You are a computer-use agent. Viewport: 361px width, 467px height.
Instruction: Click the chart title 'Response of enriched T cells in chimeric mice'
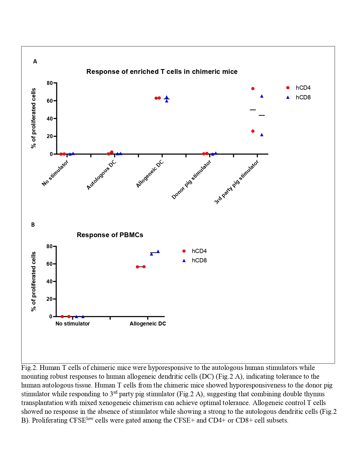pyautogui.click(x=162, y=72)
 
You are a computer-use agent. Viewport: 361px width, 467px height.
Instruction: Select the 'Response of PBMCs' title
pyautogui.click(x=110, y=235)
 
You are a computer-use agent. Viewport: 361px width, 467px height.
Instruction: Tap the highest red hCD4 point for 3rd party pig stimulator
pyautogui.click(x=253, y=89)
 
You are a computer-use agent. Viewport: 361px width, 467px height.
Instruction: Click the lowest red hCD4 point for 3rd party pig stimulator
pyautogui.click(x=253, y=131)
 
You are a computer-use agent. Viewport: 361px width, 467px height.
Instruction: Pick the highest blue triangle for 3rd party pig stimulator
pyautogui.click(x=262, y=96)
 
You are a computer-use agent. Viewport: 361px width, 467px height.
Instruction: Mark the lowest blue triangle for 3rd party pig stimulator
pyautogui.click(x=262, y=135)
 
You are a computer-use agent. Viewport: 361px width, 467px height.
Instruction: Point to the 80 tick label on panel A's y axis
pyautogui.click(x=50, y=83)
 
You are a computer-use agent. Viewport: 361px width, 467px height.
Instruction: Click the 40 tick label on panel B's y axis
pyautogui.click(x=50, y=281)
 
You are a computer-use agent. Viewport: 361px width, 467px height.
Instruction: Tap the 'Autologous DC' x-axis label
pyautogui.click(x=101, y=175)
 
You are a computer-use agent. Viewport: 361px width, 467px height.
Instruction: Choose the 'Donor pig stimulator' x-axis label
pyautogui.click(x=191, y=180)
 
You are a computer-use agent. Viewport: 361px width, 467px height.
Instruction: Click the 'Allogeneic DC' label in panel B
pyautogui.click(x=148, y=324)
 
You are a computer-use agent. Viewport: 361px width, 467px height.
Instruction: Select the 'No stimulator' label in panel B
pyautogui.click(x=72, y=324)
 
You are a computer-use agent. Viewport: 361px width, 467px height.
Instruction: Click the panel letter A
pyautogui.click(x=35, y=61)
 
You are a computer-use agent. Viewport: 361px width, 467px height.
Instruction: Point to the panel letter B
pyautogui.click(x=33, y=225)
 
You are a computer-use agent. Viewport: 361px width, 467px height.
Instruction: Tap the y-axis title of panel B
pyautogui.click(x=34, y=281)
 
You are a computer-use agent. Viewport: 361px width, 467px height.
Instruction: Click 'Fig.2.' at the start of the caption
pyautogui.click(x=29, y=368)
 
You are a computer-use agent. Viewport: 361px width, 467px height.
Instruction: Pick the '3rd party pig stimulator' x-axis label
pyautogui.click(x=236, y=182)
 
